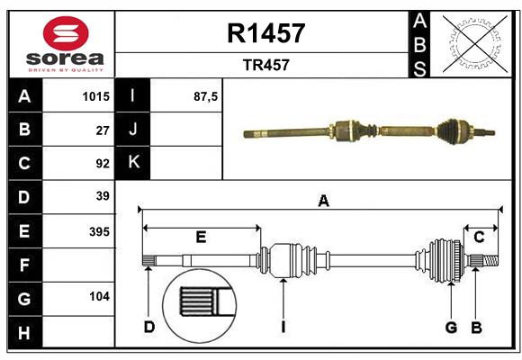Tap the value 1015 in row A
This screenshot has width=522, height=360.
pos(95,96)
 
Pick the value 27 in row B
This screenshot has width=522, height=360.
pos(103,130)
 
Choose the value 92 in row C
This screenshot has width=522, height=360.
pos(103,164)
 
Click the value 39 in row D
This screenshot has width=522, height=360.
pos(103,196)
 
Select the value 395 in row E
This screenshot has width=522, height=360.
pos(99,231)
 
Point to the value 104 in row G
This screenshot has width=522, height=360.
pos(99,296)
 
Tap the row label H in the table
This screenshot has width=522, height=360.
pos(24,333)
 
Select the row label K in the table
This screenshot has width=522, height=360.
pos(133,163)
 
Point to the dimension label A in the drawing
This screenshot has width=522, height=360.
pos(323,202)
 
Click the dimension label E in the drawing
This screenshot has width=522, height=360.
pos(202,238)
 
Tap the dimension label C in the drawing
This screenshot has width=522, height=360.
pos(479,238)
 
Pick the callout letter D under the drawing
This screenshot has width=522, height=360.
pos(148,327)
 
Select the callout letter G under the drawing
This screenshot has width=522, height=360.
pos(451,327)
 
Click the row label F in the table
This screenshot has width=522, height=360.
pos(24,265)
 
